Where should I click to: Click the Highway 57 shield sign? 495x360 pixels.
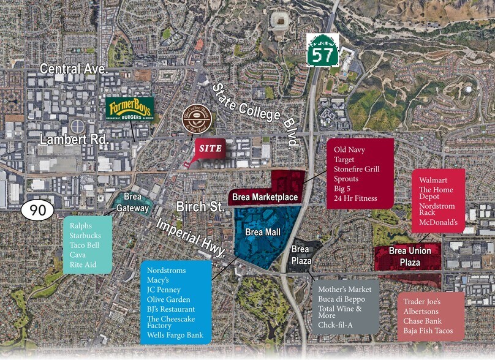pyautogui.click(x=323, y=48)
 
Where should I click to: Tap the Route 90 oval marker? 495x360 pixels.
pyautogui.click(x=38, y=210)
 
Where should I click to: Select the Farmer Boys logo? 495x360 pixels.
pyautogui.click(x=129, y=110)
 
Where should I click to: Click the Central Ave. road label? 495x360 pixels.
pyautogui.click(x=74, y=69)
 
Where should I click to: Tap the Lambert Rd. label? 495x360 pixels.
pyautogui.click(x=74, y=139)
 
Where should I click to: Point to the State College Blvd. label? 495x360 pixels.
pyautogui.click(x=255, y=114)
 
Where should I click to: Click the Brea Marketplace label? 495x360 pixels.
pyautogui.click(x=265, y=197)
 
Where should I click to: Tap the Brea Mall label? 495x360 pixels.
pyautogui.click(x=262, y=233)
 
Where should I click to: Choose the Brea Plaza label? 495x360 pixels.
pyautogui.click(x=300, y=254)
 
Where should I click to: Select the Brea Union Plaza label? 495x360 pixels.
pyautogui.click(x=410, y=257)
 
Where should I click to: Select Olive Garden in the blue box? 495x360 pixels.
pyautogui.click(x=168, y=299)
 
